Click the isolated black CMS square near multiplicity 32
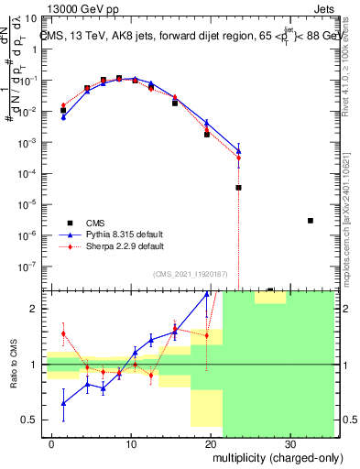(x=311, y=221)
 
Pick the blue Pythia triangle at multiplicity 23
(x=238, y=151)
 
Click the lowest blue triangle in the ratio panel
(x=63, y=403)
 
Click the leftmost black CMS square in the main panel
(x=63, y=111)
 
